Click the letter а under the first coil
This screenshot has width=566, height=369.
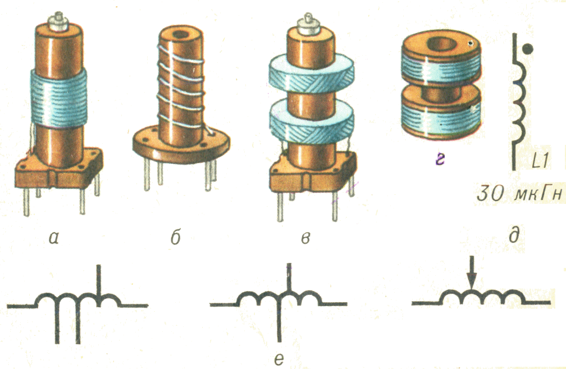[54, 238]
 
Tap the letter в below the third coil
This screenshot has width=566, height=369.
[305, 238]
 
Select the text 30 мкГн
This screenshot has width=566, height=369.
[520, 194]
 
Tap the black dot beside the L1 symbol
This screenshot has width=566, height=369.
[528, 48]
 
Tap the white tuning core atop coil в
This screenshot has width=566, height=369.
[309, 24]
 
